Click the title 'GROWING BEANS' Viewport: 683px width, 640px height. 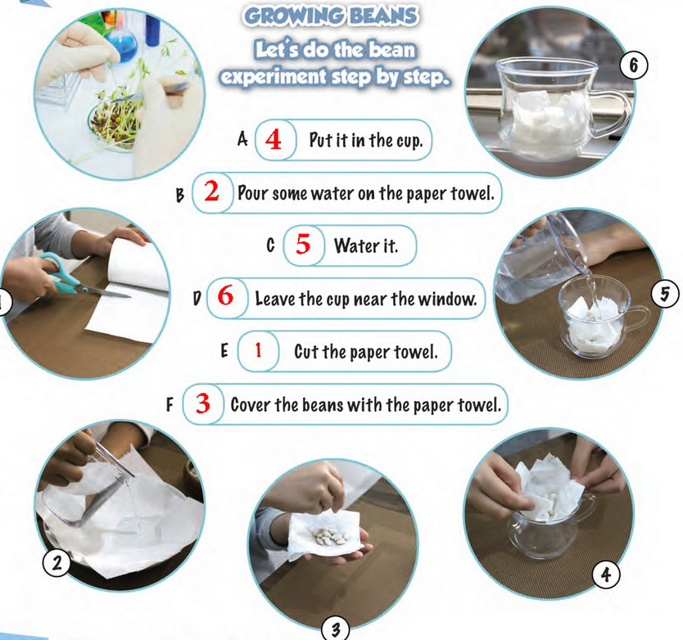click(x=331, y=16)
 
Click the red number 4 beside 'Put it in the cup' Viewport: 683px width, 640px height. click(x=273, y=140)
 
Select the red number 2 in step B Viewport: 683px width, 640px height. click(x=211, y=192)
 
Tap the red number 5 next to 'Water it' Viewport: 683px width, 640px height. click(x=303, y=244)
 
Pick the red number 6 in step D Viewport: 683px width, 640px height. click(x=226, y=296)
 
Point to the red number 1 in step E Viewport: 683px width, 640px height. click(x=258, y=350)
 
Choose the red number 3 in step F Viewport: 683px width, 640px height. click(x=203, y=403)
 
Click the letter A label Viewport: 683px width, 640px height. click(x=242, y=140)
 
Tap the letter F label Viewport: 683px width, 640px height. click(x=170, y=405)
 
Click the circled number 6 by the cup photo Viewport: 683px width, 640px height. click(x=634, y=65)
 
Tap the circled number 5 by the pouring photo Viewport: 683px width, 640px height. click(x=665, y=295)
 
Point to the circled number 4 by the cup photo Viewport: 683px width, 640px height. click(x=606, y=575)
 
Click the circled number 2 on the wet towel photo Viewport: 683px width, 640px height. click(x=57, y=563)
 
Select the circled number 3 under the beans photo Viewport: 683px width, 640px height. click(x=336, y=629)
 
